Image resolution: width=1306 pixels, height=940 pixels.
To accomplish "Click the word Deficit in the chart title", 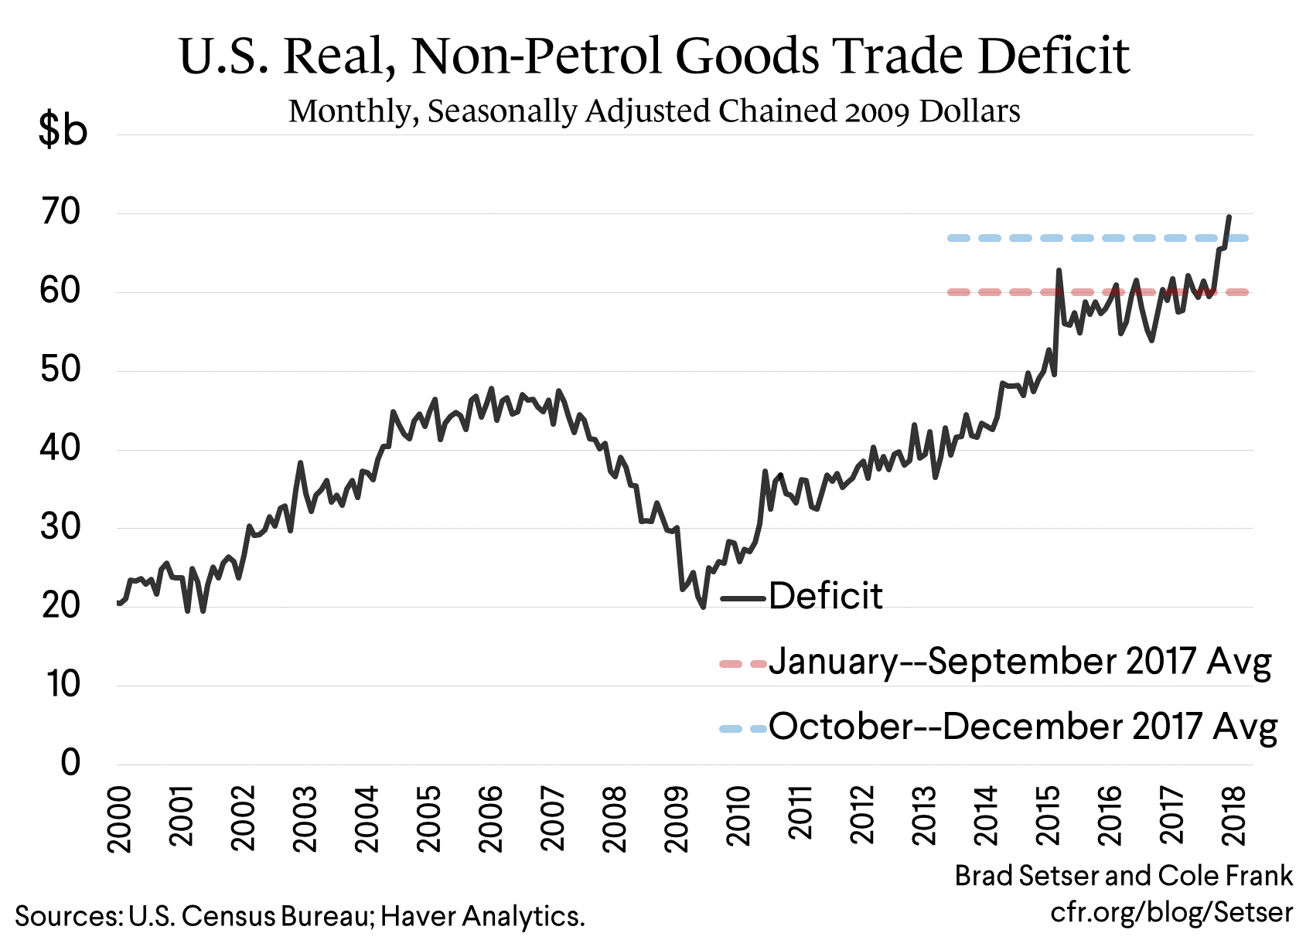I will coord(1053,56).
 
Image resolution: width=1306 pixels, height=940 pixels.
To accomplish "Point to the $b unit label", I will coord(63,130).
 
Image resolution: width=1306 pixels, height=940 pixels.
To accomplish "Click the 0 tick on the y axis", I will coord(70,763).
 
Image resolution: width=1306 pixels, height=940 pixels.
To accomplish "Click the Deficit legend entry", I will coord(825,597).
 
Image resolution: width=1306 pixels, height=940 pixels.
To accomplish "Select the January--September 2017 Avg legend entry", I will coord(1019,662).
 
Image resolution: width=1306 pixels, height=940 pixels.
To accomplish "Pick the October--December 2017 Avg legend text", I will coord(1022,727).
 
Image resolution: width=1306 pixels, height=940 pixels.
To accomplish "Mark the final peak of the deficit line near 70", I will coord(1229,217).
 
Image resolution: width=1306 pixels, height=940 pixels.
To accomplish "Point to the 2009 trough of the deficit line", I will coord(703,607).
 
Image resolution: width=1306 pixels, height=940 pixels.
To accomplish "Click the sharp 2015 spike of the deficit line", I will coord(1059,271).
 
